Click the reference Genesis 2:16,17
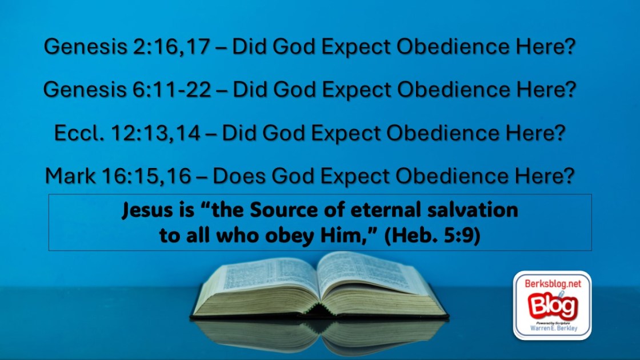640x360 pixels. coord(127,46)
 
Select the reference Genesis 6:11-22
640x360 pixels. coord(127,89)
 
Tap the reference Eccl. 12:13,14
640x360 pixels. coord(127,133)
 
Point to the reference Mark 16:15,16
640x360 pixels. coord(118,176)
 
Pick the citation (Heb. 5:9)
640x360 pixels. coord(432,235)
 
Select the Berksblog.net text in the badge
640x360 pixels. coord(553,283)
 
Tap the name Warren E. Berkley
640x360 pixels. coord(554,328)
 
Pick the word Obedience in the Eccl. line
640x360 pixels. coord(443,133)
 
